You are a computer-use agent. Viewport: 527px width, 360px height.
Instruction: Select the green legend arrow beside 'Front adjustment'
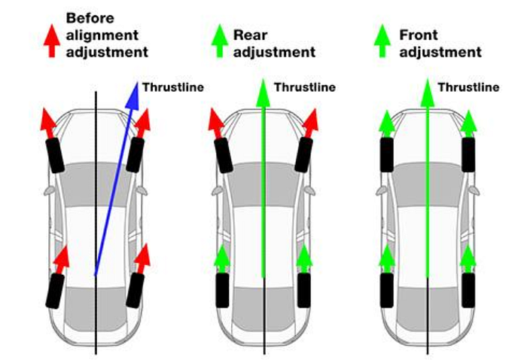pos(383,42)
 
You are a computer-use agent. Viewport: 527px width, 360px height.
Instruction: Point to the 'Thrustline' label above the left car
pos(174,87)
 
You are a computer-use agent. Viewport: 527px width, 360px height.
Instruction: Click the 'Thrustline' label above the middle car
pos(304,87)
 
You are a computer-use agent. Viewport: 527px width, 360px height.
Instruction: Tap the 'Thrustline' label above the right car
pos(468,87)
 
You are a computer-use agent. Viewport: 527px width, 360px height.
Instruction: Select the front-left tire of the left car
pos(56,155)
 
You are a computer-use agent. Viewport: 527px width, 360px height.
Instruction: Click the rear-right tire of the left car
pos(136,290)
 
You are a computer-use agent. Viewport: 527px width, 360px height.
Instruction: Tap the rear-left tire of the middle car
pos(223,290)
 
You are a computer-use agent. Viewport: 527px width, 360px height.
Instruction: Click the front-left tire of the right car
pos(387,154)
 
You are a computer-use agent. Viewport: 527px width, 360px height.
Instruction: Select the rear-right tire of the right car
pos(468,290)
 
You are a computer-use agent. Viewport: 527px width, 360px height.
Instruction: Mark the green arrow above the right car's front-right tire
pos(468,122)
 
